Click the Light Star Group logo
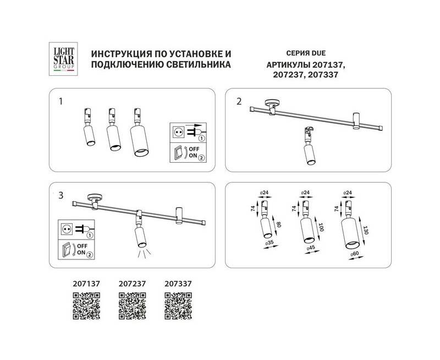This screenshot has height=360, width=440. (x=63, y=59)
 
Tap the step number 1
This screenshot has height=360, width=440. (x=61, y=101)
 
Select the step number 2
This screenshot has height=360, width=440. (x=239, y=101)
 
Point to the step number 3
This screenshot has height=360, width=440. (x=61, y=195)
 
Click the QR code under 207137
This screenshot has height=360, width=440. (x=86, y=306)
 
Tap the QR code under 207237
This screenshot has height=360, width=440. (x=132, y=306)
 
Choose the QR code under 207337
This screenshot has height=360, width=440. (x=178, y=306)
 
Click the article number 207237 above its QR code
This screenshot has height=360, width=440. (x=132, y=284)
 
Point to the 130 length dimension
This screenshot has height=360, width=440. (x=365, y=230)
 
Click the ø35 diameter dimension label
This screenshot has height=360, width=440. (x=269, y=243)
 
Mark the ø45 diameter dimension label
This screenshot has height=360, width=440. (x=311, y=248)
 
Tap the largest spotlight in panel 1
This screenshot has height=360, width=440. (x=139, y=132)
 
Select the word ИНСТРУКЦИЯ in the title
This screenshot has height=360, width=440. (x=118, y=53)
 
